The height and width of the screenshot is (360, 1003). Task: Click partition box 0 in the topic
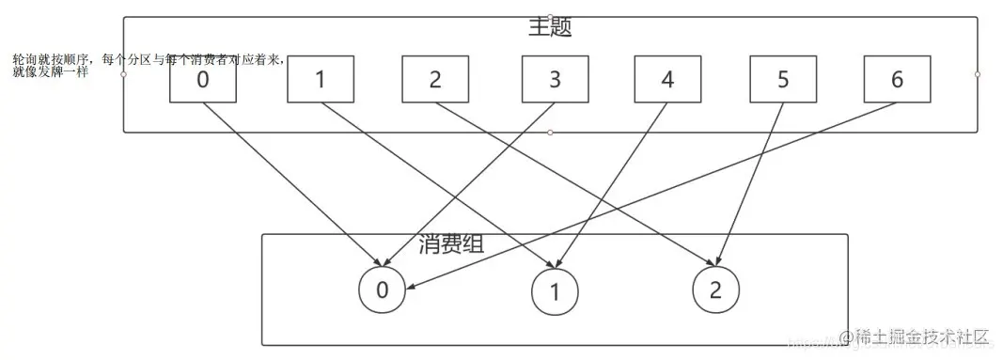pos(203,80)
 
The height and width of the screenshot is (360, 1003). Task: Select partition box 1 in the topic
pos(320,80)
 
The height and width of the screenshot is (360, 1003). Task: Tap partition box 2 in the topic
pos(435,80)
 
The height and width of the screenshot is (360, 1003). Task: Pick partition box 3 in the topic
pos(555,80)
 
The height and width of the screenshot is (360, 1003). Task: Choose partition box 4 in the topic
pos(667,80)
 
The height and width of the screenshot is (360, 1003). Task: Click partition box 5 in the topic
pos(783,80)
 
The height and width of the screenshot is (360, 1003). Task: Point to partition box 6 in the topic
pos(896,80)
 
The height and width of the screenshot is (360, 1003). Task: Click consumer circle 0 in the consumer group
pos(382,290)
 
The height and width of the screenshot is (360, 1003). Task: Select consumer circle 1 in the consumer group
pos(554,291)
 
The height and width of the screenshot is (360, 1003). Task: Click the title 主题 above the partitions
pos(550,28)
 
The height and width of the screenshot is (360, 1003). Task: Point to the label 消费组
pos(451,246)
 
